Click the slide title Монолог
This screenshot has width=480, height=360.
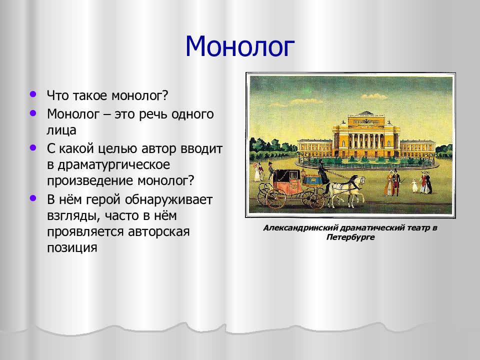(x=239, y=46)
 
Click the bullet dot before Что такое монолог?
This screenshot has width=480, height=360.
(x=33, y=94)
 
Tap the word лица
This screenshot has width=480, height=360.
(x=61, y=130)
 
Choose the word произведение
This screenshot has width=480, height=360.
(x=90, y=181)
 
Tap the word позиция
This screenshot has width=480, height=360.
(x=72, y=248)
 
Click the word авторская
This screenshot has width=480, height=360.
(x=158, y=231)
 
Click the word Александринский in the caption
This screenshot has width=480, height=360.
(x=300, y=228)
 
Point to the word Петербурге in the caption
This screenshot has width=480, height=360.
(x=350, y=237)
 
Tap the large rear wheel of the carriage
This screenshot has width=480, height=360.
(x=276, y=198)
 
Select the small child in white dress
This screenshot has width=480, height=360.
(x=415, y=185)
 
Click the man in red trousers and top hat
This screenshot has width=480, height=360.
(x=396, y=183)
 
